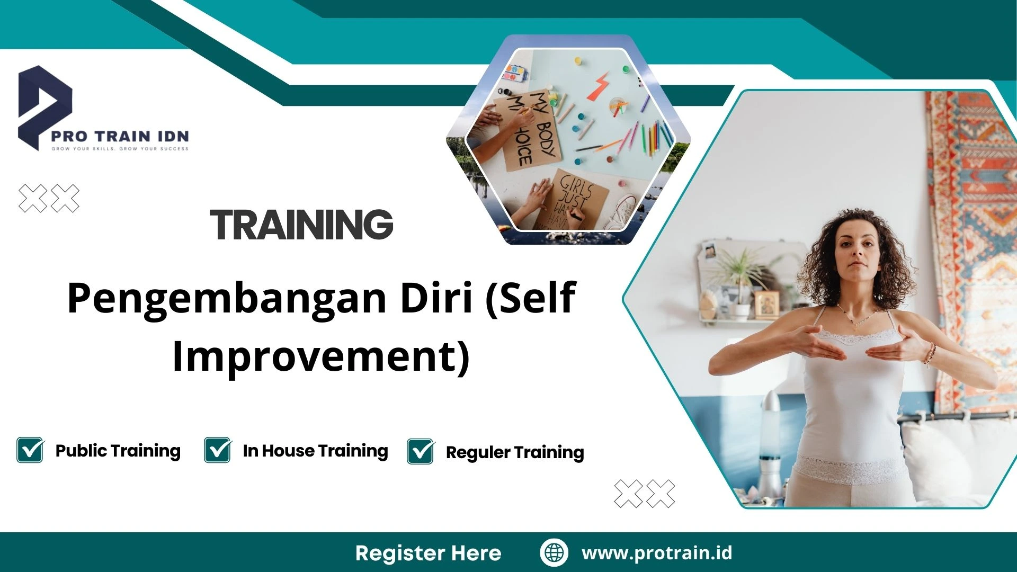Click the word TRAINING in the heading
pos(301,225)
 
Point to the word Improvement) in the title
pos(321,356)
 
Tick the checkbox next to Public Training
pos(30,450)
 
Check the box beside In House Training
pos(218,450)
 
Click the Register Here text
pos(428,553)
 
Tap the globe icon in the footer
pos(554,552)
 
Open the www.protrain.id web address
pos(657,553)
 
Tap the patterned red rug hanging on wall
pos(969,212)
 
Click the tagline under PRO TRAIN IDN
pos(120,149)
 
